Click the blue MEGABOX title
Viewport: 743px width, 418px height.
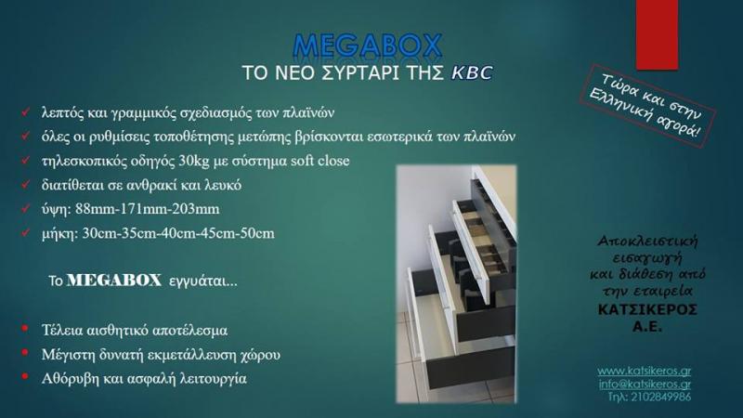368,46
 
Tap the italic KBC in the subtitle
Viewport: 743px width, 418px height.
472,73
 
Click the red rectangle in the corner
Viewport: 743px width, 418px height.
657,34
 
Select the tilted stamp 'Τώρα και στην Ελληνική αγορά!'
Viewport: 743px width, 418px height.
647,106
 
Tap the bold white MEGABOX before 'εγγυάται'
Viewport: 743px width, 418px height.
114,281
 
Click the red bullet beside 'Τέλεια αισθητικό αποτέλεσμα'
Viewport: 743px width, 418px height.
25,329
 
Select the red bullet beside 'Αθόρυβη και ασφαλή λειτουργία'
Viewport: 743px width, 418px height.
25,377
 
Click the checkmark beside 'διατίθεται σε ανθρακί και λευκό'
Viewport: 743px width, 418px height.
26,184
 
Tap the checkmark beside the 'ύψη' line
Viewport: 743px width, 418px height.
26,208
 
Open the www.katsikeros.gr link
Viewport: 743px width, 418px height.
644,371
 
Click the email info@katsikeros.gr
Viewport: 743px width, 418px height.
645,384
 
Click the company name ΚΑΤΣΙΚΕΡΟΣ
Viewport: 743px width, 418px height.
647,310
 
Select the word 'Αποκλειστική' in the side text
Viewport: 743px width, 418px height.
647,242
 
